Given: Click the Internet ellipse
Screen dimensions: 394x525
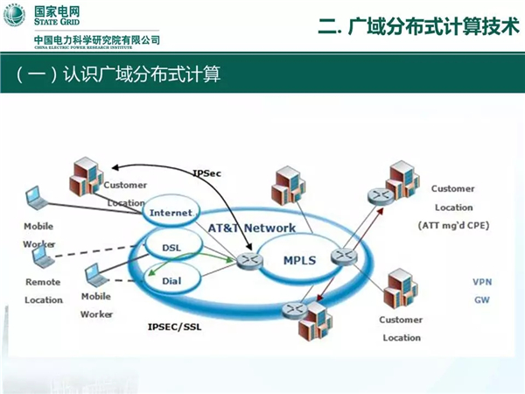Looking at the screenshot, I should (x=170, y=213).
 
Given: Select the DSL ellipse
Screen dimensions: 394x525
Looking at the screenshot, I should (x=171, y=248).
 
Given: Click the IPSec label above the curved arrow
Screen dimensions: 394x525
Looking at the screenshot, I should (x=207, y=173).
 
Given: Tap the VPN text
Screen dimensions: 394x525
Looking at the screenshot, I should (x=483, y=282).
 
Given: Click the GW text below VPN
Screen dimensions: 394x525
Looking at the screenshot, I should (x=483, y=299).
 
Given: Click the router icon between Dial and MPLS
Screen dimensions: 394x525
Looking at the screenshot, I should (x=248, y=260).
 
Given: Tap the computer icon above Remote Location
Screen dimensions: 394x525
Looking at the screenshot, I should (x=41, y=257).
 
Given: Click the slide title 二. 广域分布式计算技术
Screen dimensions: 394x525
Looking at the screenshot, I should (x=411, y=27).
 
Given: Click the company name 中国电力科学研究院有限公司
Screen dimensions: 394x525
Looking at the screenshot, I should (x=97, y=40).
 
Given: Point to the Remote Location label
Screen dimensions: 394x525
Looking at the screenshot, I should (x=43, y=291).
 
